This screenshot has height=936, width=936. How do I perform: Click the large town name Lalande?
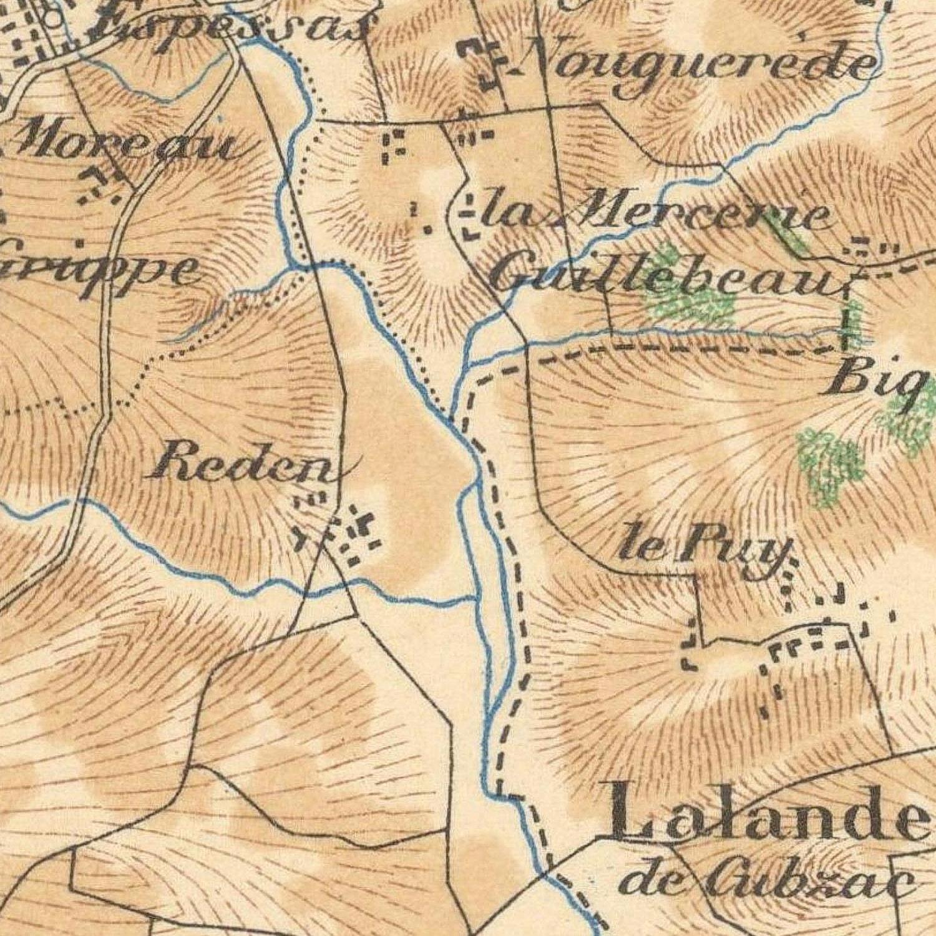coord(768,811)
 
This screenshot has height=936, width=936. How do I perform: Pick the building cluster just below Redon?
coord(340,530)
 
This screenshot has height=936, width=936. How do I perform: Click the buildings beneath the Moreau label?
coord(100,184)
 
